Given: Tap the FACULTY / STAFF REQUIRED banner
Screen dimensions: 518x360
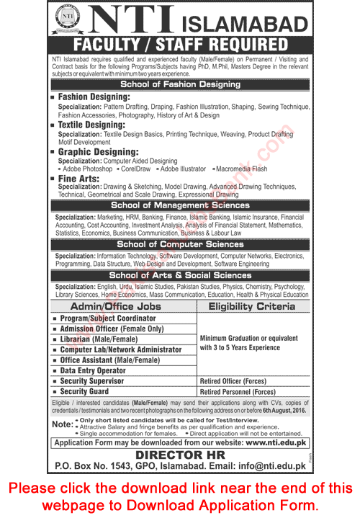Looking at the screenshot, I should pyautogui.click(x=180, y=45).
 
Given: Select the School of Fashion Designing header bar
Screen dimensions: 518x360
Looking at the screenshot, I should pyautogui.click(x=180, y=84).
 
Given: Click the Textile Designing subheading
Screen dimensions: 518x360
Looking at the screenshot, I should pyautogui.click(x=91, y=125).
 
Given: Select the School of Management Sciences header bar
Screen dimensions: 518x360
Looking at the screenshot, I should pyautogui.click(x=180, y=205).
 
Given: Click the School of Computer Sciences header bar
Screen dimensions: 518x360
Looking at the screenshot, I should pyautogui.click(x=180, y=244).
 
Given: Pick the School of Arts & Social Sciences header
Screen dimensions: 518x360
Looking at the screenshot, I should pyautogui.click(x=180, y=274).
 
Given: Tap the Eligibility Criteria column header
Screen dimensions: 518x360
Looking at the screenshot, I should pyautogui.click(x=251, y=306).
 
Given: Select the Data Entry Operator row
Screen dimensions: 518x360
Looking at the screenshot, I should pyautogui.click(x=93, y=370).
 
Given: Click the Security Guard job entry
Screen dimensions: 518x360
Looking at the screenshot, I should pyautogui.click(x=86, y=391).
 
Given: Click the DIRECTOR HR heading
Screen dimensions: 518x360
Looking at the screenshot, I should pyautogui.click(x=180, y=455).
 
